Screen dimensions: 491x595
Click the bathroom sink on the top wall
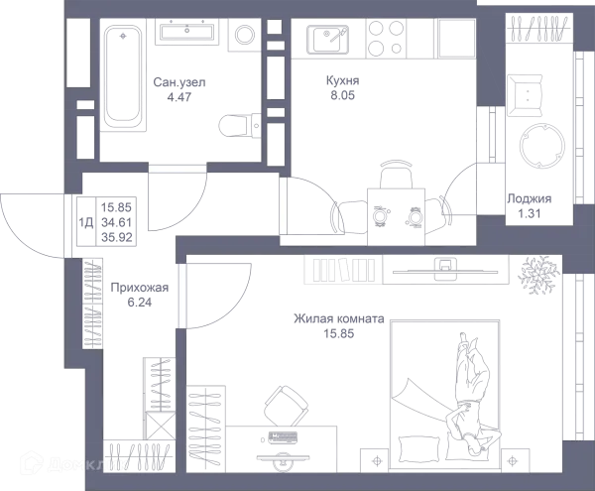click(189, 33)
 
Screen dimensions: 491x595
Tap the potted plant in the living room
click(538, 272)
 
